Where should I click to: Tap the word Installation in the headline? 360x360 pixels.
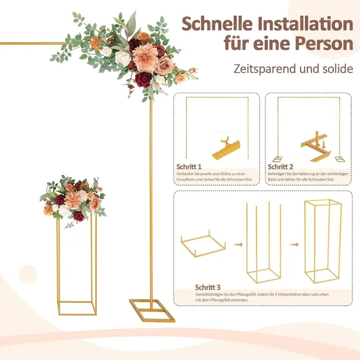[x=305, y=24]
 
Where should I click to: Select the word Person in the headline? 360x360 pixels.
[x=324, y=43]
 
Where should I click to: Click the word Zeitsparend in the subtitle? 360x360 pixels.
[x=265, y=68]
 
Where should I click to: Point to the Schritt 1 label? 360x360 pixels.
[x=189, y=166]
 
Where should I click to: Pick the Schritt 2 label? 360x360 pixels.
[x=280, y=166]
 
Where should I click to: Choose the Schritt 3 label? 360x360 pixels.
[x=208, y=287]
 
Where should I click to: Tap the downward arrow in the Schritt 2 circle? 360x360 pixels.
[x=323, y=145]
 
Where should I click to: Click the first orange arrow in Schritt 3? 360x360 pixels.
[x=238, y=245]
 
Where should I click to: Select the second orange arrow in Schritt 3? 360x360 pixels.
[x=294, y=245]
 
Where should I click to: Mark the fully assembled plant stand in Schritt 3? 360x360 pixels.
[x=323, y=241]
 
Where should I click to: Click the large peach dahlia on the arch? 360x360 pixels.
[x=145, y=57]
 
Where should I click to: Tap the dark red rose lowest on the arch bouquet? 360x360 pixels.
[x=143, y=80]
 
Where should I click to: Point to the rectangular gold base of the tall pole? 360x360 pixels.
[x=152, y=310]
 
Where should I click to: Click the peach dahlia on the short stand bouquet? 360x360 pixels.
[x=73, y=199]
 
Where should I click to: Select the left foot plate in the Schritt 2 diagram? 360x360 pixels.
[x=277, y=159]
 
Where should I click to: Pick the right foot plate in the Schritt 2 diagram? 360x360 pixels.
[x=339, y=159]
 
